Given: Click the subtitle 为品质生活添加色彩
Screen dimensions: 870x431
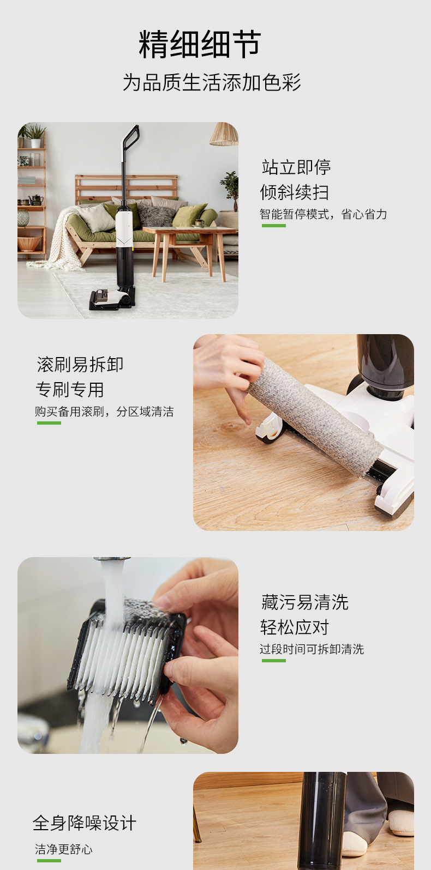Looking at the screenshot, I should (x=212, y=83).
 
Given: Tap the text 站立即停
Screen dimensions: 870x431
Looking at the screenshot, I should (x=296, y=167).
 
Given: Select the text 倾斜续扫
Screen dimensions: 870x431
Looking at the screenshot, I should (x=294, y=192).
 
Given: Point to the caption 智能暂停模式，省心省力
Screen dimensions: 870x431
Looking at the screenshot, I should (x=323, y=214).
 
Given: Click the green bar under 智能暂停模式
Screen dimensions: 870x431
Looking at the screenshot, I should (x=273, y=225).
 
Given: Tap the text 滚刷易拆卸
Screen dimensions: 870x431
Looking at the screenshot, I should (x=80, y=364).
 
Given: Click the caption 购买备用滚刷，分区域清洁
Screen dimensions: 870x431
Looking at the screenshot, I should (x=104, y=412).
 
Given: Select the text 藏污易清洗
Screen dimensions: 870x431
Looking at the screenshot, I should (x=304, y=602).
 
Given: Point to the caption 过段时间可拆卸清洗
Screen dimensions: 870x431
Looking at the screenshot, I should (x=312, y=649).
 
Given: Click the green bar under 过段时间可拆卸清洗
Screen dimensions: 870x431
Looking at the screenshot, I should (x=273, y=661).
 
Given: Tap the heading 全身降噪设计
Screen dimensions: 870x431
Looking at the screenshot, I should (x=85, y=823).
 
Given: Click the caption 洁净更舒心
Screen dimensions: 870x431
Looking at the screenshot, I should (x=64, y=849).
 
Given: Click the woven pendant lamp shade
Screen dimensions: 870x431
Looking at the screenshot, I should (x=224, y=135).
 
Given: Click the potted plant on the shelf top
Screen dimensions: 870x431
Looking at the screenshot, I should (x=35, y=134).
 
